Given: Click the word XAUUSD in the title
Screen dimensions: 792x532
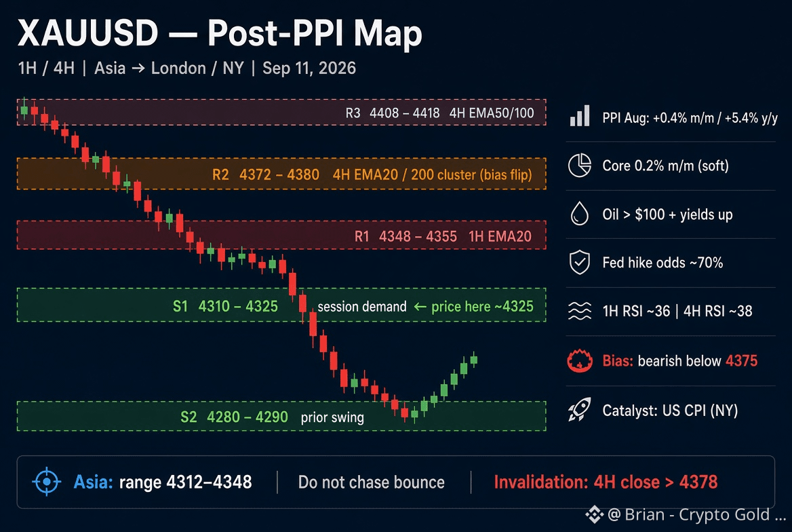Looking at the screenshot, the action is (88, 33).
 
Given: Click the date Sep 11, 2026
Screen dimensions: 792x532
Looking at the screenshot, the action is (309, 69).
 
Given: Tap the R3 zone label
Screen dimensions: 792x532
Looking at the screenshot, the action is (353, 113).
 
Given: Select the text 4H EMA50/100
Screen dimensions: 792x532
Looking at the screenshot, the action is (492, 113).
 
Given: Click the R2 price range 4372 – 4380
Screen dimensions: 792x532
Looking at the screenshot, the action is (279, 175).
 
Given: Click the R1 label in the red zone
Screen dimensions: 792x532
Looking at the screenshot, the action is (361, 236).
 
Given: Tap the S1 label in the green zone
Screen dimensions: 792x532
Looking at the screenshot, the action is (180, 307).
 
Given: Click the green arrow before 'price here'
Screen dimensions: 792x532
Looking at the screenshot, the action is (420, 307).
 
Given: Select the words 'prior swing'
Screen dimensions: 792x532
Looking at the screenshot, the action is (332, 417).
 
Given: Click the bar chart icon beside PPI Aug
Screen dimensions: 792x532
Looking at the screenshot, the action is (580, 116).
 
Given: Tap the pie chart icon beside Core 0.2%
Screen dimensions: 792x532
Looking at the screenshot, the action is (580, 165).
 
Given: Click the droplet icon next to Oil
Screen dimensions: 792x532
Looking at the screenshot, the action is (580, 213).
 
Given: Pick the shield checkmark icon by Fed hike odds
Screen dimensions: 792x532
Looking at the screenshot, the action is (580, 263).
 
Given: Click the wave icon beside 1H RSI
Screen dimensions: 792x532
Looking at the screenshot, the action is (580, 311).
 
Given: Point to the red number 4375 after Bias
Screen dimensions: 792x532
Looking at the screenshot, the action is (742, 360).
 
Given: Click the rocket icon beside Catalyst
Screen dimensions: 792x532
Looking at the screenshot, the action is (580, 409).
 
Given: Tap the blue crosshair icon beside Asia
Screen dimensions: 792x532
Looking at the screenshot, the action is (47, 482).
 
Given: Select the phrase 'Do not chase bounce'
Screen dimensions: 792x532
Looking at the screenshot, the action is (372, 482).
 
